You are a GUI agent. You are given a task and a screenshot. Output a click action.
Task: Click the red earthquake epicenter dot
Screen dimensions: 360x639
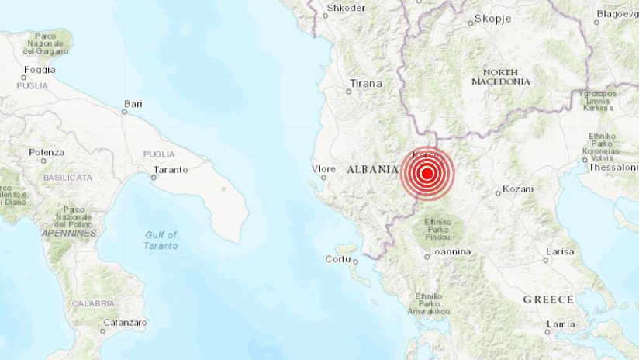pos(426,174)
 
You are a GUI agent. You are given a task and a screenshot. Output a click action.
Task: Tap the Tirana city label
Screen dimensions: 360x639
pos(366,83)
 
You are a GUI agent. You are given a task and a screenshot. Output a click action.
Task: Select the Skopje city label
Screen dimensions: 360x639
pos(494,18)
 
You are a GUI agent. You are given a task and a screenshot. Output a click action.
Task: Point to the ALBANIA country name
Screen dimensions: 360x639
pos(372,169)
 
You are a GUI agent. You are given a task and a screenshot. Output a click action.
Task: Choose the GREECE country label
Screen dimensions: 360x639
pos(547,299)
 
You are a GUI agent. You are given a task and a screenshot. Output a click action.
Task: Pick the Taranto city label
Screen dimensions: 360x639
pos(171,168)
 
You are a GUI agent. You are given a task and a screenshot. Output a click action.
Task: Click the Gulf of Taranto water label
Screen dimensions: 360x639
pos(161,240)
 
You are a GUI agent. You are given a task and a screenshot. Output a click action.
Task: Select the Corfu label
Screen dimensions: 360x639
pos(338,258)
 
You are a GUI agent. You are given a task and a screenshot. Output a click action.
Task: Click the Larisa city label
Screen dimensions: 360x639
pos(560,251)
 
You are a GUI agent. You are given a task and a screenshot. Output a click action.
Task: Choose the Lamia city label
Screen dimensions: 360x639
pos(560,324)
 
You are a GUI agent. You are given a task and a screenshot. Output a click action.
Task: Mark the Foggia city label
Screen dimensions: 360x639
pos(40,69)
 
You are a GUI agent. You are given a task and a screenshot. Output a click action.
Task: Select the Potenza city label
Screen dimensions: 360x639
pos(47,152)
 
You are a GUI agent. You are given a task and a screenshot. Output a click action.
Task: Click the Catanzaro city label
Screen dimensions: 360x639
pos(104,321)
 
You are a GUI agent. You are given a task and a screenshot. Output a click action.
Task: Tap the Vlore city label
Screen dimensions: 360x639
pos(323,168)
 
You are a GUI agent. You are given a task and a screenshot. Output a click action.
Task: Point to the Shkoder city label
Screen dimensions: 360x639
pos(346,8)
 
